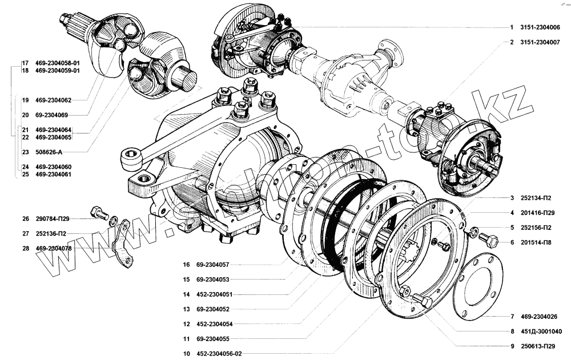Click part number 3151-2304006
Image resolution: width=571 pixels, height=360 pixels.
click(x=540, y=27)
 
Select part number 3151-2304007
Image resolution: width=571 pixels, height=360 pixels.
click(x=540, y=42)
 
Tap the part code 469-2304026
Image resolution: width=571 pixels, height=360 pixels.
click(x=540, y=316)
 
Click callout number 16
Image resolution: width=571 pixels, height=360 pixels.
click(x=186, y=265)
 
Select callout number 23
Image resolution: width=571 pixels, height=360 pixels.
click(x=25, y=152)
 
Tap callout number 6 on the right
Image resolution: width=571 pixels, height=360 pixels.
click(x=512, y=242)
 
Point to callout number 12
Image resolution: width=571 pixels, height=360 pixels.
click(x=186, y=324)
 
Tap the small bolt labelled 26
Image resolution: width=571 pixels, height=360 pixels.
click(x=99, y=214)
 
